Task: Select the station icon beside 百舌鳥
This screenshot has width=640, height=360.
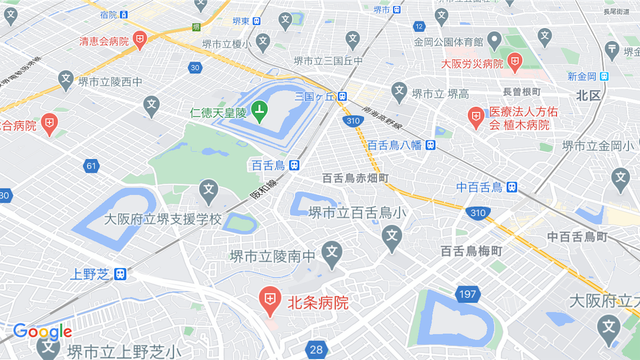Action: click(294, 166)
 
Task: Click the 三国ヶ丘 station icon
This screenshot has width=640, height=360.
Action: click(342, 96)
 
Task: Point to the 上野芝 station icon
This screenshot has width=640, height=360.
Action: click(120, 273)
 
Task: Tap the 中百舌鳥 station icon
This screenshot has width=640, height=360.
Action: click(512, 186)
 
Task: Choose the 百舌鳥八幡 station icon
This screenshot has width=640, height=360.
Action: click(431, 145)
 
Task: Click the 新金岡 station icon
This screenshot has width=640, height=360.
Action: click(604, 76)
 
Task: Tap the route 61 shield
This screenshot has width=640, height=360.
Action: click(91, 166)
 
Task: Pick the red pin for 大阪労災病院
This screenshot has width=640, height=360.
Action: click(514, 61)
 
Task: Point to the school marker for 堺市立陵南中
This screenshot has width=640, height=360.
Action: click(332, 252)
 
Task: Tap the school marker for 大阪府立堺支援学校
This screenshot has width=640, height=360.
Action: click(209, 189)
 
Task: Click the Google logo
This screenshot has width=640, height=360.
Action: click(42, 332)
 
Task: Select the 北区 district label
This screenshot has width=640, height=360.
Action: click(588, 96)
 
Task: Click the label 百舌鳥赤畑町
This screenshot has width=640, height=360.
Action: click(355, 178)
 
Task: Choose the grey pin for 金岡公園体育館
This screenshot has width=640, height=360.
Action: click(494, 41)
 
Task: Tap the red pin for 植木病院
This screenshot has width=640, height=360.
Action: click(476, 117)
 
